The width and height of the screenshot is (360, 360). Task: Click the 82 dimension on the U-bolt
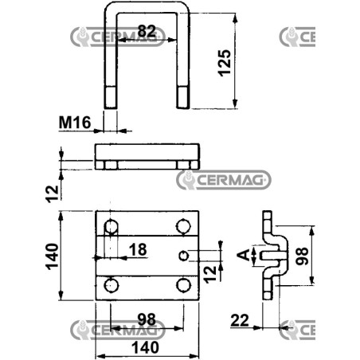coord(147,31)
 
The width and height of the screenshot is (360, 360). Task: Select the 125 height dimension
coord(225,63)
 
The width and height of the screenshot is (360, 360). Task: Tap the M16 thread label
coord(75,123)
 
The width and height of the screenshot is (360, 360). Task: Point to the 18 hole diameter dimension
coord(138,250)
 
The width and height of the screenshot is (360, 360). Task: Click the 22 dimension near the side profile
coord(240,320)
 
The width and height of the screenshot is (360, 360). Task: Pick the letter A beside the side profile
coord(244,255)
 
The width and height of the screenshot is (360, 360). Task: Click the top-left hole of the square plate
coord(111,227)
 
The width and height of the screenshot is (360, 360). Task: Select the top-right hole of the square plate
coord(183,226)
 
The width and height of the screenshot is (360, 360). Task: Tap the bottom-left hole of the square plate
coord(111,285)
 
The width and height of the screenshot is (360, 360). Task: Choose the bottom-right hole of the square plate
coord(183,285)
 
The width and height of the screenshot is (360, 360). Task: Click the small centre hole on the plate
coord(184,256)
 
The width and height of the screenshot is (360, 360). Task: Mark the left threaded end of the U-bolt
coord(110,97)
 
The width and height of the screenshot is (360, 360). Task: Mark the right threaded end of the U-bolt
coord(183,97)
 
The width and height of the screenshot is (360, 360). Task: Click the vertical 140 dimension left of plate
coord(53,256)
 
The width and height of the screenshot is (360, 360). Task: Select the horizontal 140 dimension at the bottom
coord(146,348)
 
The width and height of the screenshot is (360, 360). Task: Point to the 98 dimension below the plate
coord(147,319)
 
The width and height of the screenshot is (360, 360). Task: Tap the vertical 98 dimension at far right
coord(302,256)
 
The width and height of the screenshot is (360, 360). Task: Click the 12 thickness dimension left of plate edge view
coord(53,194)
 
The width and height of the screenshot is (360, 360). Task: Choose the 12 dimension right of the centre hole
coord(211,274)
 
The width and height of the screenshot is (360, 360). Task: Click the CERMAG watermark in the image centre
coord(224,180)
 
